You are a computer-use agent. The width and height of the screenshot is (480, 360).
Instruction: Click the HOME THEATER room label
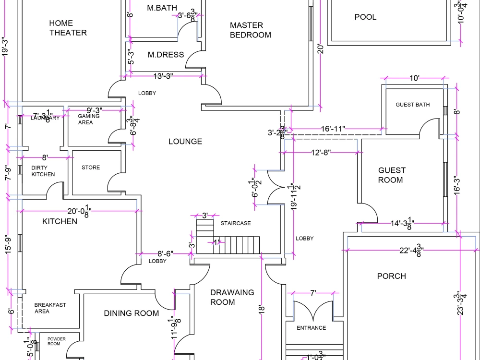tap(68, 28)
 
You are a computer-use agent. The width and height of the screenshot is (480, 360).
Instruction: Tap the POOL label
tap(365, 17)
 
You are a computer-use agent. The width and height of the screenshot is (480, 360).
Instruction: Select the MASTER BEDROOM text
tap(250, 30)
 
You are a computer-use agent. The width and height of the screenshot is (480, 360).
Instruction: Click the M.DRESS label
tap(166, 55)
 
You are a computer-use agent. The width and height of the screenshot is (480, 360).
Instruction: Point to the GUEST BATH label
tap(412, 105)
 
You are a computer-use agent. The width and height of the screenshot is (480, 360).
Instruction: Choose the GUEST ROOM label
tap(391, 175)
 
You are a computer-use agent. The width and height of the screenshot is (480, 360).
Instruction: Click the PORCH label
tap(391, 276)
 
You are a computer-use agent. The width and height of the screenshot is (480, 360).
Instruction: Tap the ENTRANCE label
tap(311, 328)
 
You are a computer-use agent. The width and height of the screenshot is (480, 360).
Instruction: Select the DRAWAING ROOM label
tap(232, 297)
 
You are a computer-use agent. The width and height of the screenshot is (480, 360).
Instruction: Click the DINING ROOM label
tap(131, 313)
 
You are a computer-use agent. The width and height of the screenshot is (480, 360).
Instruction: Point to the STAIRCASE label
tap(236, 223)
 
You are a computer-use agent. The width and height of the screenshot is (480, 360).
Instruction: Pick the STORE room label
tap(91, 168)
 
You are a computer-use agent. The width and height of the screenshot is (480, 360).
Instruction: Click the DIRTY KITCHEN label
tap(43, 171)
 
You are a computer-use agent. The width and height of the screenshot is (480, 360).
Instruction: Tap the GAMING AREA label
tap(89, 119)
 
